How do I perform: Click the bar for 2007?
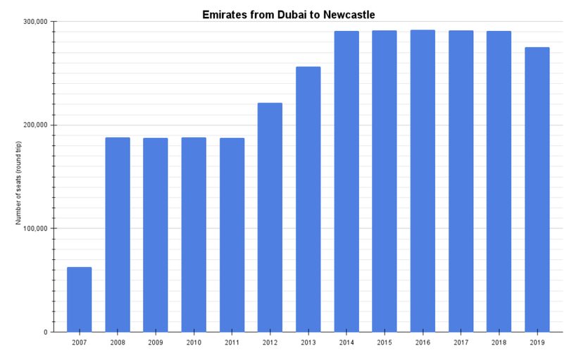tap(79, 299)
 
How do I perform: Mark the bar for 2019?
tap(537, 190)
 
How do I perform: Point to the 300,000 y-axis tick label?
tap(35, 22)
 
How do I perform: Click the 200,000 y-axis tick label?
tap(35, 125)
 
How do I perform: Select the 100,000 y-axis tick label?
tap(35, 229)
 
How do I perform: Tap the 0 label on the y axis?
tap(44, 333)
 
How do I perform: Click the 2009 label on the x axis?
tap(156, 342)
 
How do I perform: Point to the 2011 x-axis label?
tap(232, 342)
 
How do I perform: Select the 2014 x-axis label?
tap(346, 342)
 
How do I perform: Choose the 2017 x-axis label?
tap(461, 342)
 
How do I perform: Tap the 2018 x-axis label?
tap(499, 342)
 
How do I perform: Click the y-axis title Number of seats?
tap(19, 183)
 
